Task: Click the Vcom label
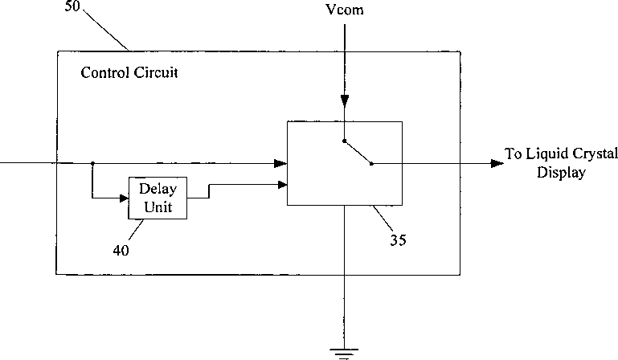(345, 10)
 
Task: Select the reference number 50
(72, 6)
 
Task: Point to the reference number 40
(121, 251)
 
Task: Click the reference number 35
(398, 239)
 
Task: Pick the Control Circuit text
(129, 72)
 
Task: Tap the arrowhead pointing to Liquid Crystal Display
(497, 163)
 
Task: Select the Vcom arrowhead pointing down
(345, 100)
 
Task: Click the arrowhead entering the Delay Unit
(124, 198)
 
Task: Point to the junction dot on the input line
(92, 163)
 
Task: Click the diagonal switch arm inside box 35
(358, 152)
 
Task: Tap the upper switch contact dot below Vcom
(344, 141)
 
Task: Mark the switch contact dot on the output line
(371, 164)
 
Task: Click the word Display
(561, 173)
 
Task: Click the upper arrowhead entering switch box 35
(280, 163)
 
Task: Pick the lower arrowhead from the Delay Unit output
(283, 185)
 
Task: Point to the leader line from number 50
(106, 31)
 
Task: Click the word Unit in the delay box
(158, 207)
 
